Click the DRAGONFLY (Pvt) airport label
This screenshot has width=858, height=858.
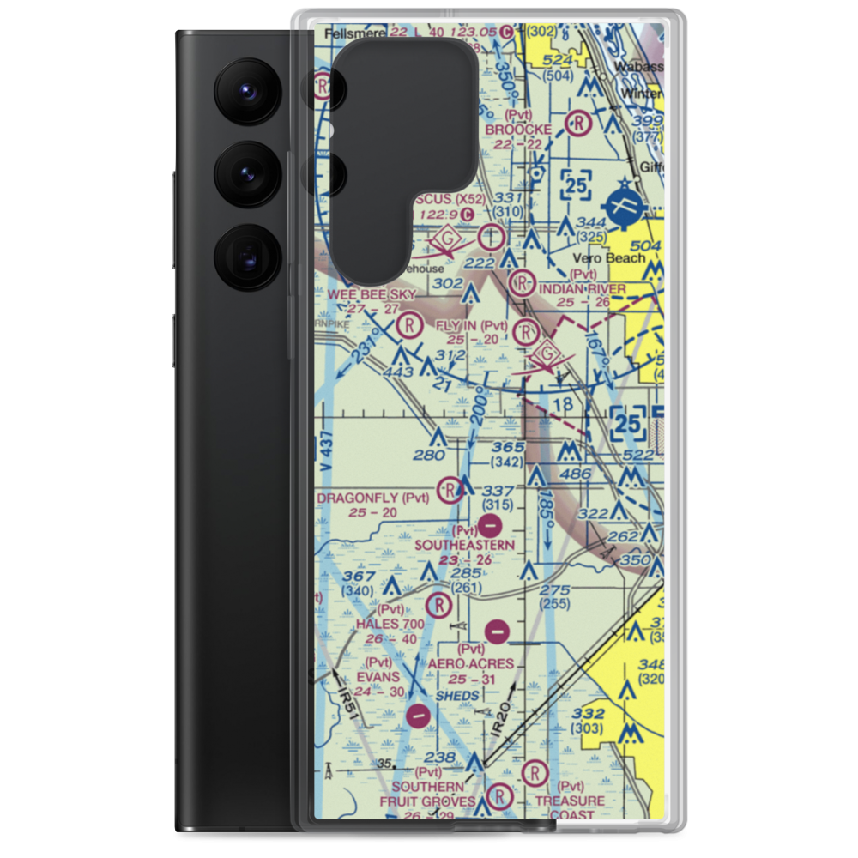[372, 498]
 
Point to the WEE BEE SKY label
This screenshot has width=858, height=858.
[372, 294]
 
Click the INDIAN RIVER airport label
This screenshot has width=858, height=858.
[583, 289]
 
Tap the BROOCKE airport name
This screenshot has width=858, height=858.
[517, 130]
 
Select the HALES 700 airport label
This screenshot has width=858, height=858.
[390, 624]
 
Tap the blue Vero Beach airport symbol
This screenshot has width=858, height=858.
[624, 206]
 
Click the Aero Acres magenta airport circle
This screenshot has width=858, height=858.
[497, 632]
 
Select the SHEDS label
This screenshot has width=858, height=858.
[456, 696]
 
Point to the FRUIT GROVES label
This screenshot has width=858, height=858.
[427, 802]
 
